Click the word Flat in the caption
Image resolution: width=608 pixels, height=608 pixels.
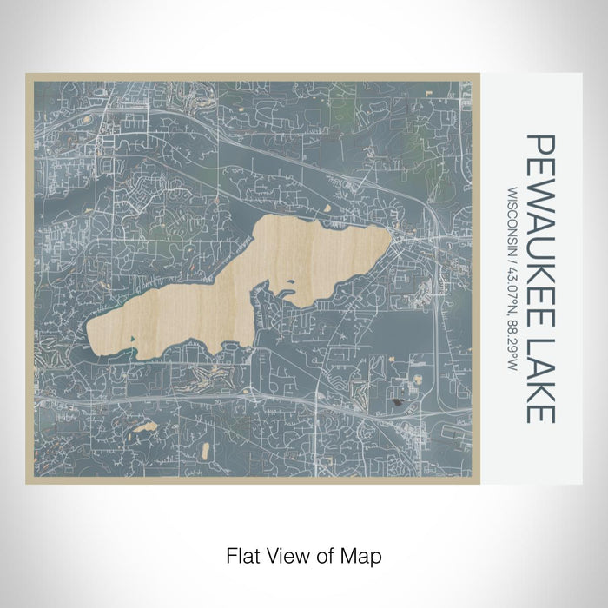(241, 554)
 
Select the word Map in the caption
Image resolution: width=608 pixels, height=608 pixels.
(363, 554)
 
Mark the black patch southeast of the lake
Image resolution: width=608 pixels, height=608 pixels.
(400, 402)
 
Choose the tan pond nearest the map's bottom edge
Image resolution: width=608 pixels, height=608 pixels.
(206, 450)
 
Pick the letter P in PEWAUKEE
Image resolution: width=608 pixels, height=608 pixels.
(539, 144)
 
